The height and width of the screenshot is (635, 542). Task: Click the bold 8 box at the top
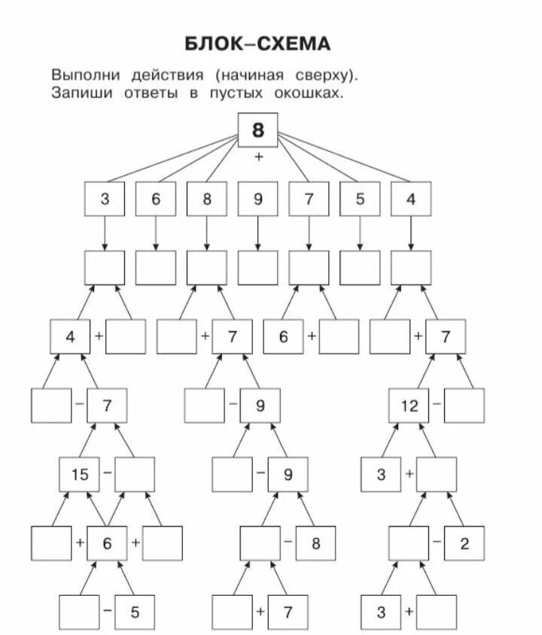(258, 131)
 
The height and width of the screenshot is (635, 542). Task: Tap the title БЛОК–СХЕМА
(257, 44)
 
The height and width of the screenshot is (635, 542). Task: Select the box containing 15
(79, 474)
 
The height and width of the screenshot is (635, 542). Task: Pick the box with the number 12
(409, 406)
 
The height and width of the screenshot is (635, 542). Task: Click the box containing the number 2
(464, 543)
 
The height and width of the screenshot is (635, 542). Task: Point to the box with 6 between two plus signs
(107, 543)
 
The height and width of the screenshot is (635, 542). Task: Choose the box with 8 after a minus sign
(315, 543)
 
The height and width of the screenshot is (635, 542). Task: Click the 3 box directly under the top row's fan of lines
(105, 200)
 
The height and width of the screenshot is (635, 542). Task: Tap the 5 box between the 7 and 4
(360, 200)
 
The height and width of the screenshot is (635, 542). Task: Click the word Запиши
(77, 94)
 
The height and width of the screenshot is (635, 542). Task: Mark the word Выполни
(80, 75)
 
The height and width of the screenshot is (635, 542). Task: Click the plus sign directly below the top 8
(259, 157)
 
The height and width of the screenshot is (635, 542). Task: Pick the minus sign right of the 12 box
(437, 406)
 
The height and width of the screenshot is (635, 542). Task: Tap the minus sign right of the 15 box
(107, 474)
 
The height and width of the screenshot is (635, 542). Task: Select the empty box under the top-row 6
(156, 267)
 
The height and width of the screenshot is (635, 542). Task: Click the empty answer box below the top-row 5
(360, 267)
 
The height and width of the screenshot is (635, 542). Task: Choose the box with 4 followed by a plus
(70, 336)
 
